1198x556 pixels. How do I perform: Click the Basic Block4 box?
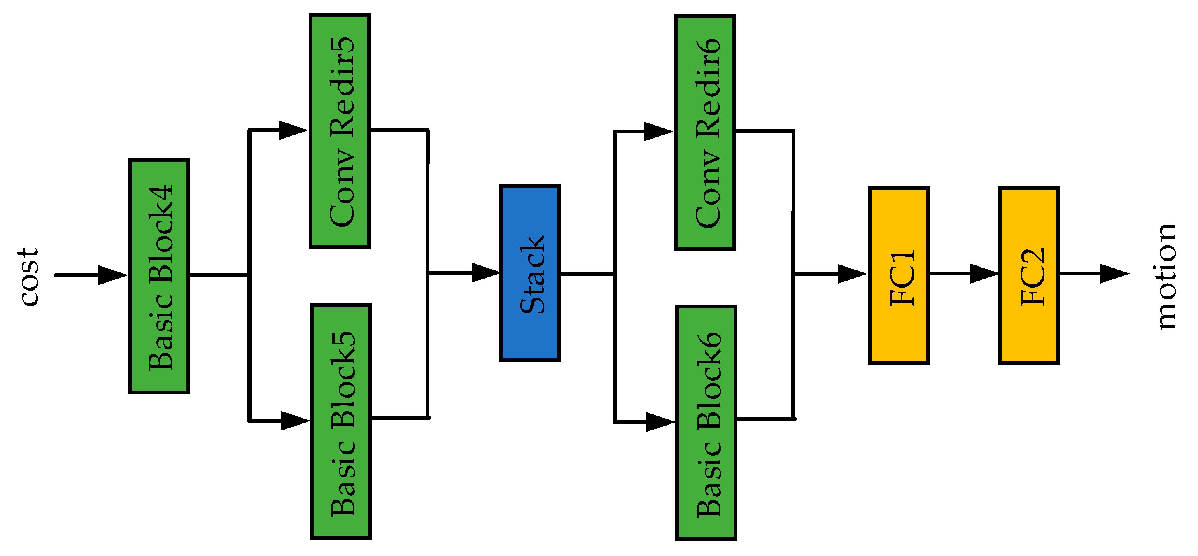pyautogui.click(x=159, y=276)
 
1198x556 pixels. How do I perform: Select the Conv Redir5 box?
pyautogui.click(x=340, y=131)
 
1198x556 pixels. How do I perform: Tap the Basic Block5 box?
pyautogui.click(x=341, y=421)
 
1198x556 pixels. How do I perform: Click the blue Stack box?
pyautogui.click(x=530, y=273)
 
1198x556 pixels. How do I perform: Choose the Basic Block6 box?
pyautogui.click(x=706, y=423)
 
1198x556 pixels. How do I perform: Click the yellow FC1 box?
pyautogui.click(x=898, y=275)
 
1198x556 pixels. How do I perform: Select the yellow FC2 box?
pyautogui.click(x=1029, y=275)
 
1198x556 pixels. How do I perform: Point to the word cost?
pyautogui.click(x=29, y=277)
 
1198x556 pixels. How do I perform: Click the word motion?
pyautogui.click(x=1166, y=277)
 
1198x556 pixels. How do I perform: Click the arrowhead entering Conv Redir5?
pyautogui.click(x=293, y=130)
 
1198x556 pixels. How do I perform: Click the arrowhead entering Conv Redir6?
pyautogui.click(x=657, y=132)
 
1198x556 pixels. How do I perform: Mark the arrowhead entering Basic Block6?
pyautogui.click(x=660, y=422)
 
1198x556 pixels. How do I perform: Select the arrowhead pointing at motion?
pyautogui.click(x=1114, y=274)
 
